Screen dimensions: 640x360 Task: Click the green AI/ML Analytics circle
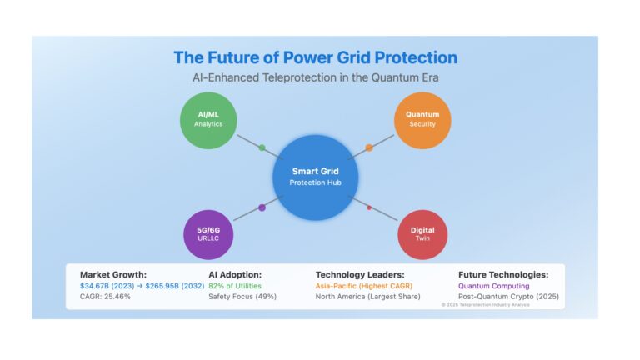(208, 120)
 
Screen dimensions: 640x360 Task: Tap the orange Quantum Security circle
(422, 120)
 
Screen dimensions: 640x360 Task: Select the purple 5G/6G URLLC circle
(208, 235)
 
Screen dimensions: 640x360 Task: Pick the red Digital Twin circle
(422, 235)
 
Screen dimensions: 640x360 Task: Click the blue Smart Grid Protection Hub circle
(316, 177)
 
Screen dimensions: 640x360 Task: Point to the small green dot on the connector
(262, 147)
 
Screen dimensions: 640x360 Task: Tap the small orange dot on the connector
(369, 147)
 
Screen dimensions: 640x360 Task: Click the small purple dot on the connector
(262, 207)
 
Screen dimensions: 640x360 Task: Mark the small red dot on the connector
(369, 207)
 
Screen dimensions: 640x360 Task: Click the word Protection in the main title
(416, 58)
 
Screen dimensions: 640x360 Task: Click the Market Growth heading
(113, 275)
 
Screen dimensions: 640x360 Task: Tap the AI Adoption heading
(235, 275)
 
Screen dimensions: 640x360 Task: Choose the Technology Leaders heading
(360, 275)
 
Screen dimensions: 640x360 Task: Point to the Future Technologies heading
(503, 275)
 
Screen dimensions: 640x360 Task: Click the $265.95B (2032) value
(175, 286)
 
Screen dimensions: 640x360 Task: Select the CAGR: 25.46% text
(105, 297)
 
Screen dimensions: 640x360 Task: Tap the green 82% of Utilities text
(235, 286)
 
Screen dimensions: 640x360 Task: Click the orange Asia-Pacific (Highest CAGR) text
(364, 286)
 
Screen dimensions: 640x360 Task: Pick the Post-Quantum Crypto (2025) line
(508, 297)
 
